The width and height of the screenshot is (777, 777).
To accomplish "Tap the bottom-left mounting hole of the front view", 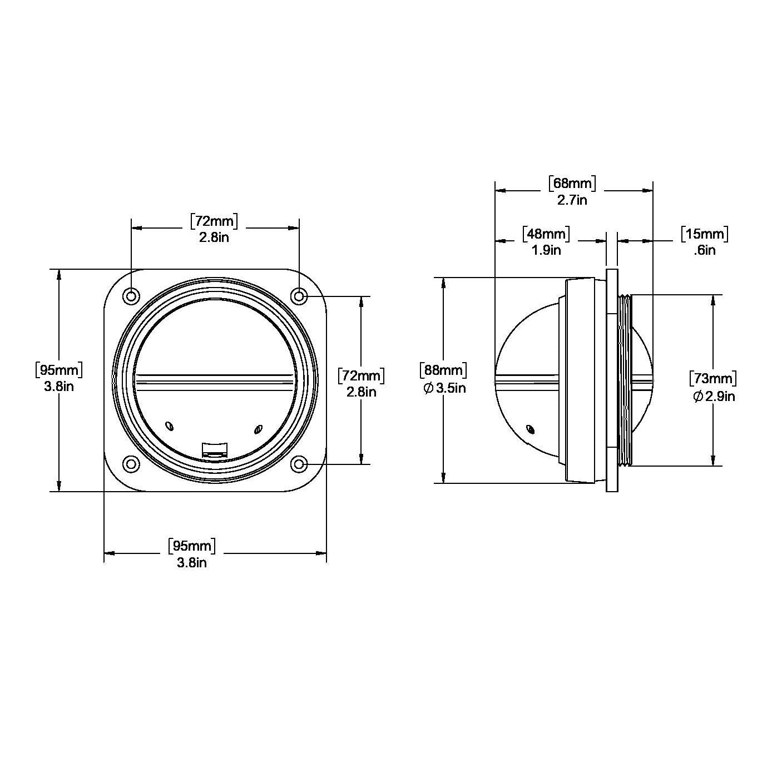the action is coord(131,464).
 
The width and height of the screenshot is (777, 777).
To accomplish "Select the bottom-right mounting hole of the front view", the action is coord(299,464).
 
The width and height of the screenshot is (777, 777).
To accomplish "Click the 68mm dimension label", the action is coord(572,184).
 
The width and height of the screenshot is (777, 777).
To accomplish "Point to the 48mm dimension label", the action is coord(546,234).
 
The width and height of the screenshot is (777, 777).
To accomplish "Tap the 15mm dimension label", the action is coord(705,234).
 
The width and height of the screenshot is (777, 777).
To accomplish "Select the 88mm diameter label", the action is coord(443,370).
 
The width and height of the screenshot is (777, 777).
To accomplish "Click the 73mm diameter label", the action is coord(713,379).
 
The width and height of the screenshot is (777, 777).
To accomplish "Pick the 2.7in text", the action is coord(572,200).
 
